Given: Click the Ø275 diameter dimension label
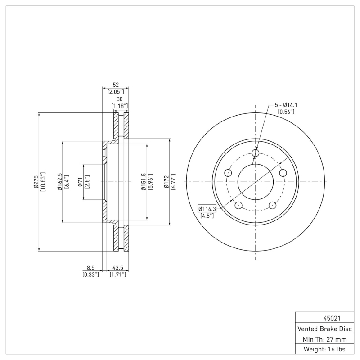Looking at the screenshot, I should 36,182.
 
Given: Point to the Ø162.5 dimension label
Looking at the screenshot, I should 59,182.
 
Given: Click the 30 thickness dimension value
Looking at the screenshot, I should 120,99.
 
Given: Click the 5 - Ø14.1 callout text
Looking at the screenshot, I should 286,105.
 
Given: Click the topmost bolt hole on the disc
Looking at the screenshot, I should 256,153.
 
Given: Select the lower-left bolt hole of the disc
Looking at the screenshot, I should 239,206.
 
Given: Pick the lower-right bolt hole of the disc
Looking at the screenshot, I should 273,206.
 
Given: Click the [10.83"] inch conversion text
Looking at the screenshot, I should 43,182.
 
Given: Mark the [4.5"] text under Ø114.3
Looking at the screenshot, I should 207,216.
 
